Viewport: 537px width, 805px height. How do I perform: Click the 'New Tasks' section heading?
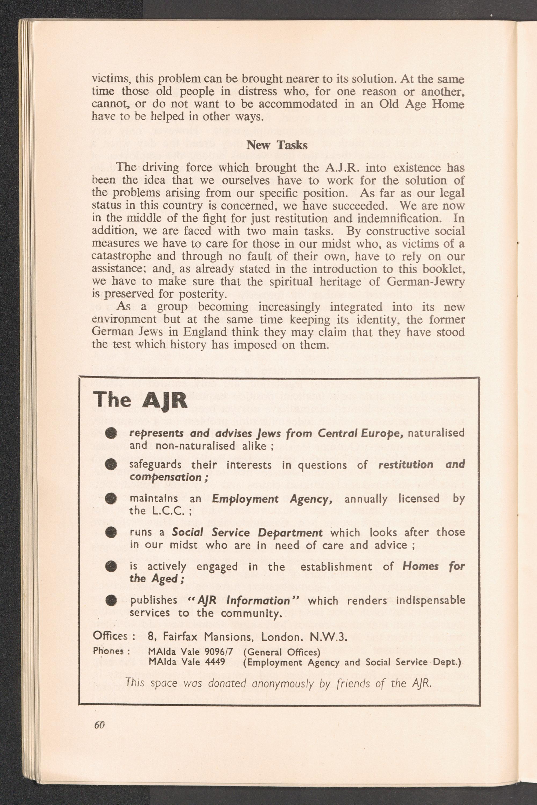(x=277, y=145)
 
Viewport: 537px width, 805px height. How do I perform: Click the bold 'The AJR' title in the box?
(x=140, y=400)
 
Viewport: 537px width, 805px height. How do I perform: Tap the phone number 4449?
(x=215, y=662)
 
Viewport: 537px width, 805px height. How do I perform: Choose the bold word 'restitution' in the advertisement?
(x=406, y=465)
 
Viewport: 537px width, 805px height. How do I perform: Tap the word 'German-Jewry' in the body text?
(x=425, y=281)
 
